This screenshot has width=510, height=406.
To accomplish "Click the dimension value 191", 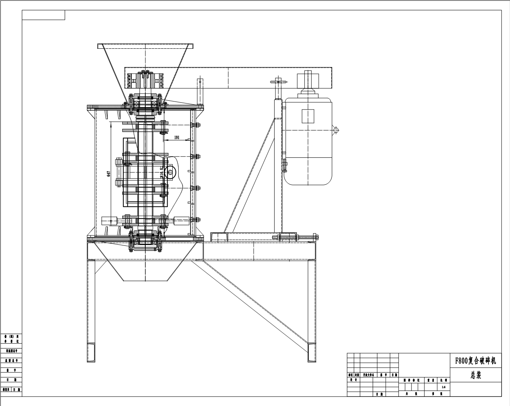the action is coord(177,138).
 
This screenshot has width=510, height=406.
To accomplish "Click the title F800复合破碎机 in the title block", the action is coord(475,361).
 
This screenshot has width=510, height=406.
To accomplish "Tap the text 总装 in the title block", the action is coord(476,375).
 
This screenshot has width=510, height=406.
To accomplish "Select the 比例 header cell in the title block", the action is coord(443,380).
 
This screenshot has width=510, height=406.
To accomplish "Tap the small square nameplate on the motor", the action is coord(308,116).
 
